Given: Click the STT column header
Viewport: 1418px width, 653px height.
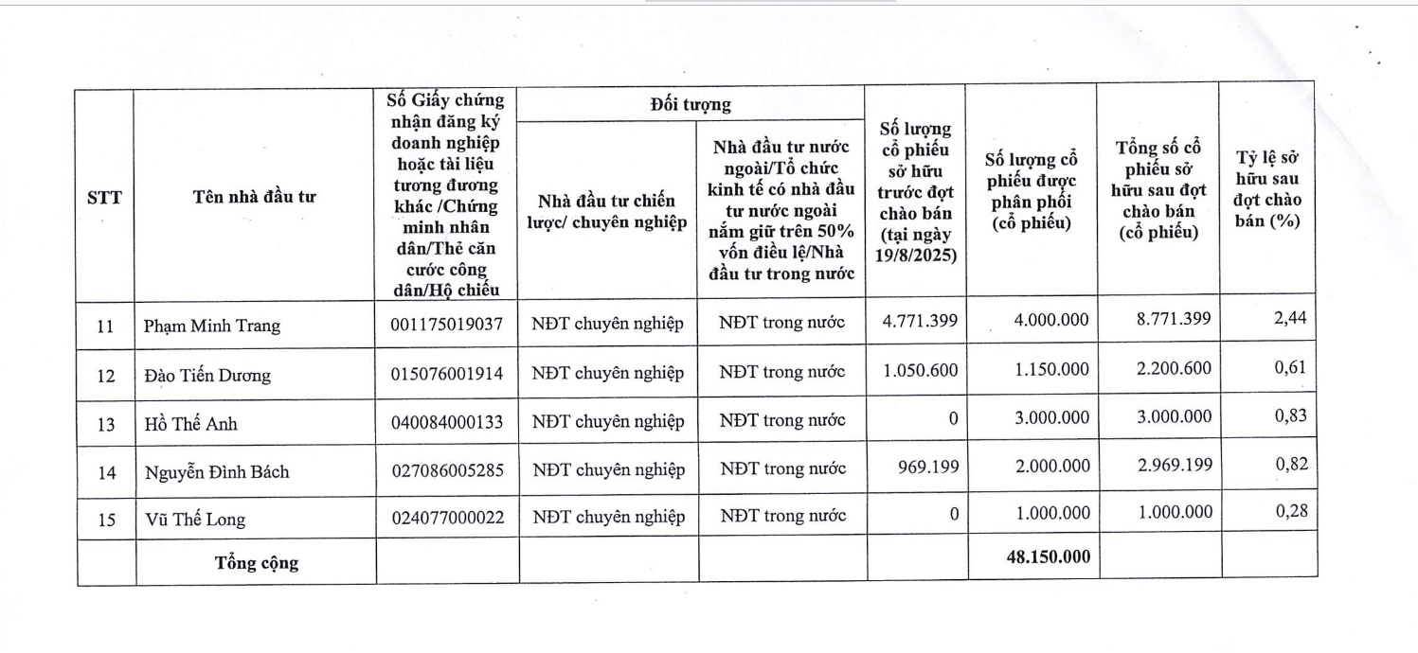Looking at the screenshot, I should (x=104, y=198).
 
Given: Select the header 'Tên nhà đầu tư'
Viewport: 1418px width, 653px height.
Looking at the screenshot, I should (x=255, y=197).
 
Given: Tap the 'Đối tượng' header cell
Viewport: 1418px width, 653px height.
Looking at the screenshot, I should (x=691, y=104).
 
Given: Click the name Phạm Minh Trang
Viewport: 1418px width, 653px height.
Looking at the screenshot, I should (x=211, y=326).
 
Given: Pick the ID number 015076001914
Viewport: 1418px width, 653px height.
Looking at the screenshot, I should (x=447, y=373).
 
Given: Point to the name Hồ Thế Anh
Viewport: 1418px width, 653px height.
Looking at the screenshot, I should (x=190, y=423).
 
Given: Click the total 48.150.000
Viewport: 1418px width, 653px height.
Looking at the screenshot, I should (x=1048, y=556).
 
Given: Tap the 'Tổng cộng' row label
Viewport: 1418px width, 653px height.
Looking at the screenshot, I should (x=256, y=562).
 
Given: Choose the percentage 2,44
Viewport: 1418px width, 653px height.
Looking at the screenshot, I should (x=1290, y=318).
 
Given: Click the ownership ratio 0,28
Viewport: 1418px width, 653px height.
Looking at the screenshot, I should (x=1290, y=511).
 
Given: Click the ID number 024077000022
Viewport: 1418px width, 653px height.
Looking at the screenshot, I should (x=447, y=517).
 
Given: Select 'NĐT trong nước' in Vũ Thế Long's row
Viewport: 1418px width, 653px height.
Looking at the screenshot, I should (x=782, y=517).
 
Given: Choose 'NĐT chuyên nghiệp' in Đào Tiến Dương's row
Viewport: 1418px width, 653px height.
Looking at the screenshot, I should (x=607, y=373).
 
